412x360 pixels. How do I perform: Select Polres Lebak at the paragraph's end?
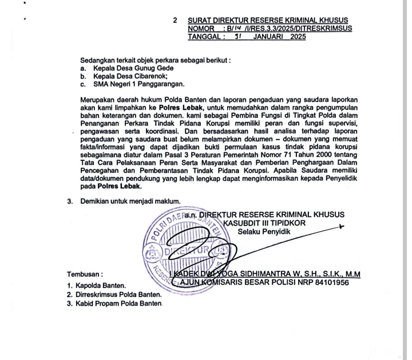pyautogui.click(x=120, y=186)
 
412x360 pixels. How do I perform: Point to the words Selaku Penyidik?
pyautogui.click(x=264, y=232)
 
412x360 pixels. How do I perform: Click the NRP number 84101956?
pyautogui.click(x=328, y=282)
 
